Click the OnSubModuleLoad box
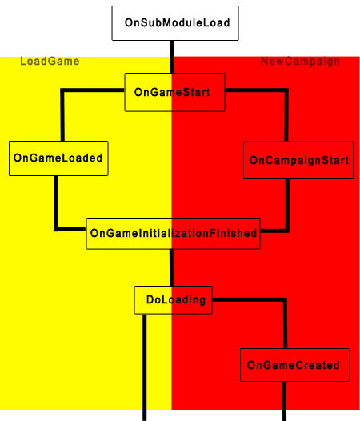click(x=175, y=23)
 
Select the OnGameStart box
click(x=174, y=92)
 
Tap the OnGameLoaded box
click(x=58, y=158)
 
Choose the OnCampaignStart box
click(x=298, y=160)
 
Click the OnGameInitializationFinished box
click(x=173, y=234)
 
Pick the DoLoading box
click(x=173, y=300)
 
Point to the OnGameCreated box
click(x=295, y=365)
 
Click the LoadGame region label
click(x=50, y=62)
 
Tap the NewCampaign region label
click(x=301, y=62)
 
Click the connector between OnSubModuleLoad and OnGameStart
click(x=172, y=57)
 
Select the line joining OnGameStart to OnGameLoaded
click(x=62, y=90)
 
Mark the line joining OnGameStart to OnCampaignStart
click(x=286, y=90)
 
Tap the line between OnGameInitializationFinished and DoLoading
click(x=171, y=267)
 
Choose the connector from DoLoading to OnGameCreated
click(x=285, y=300)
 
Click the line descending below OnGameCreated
click(x=284, y=401)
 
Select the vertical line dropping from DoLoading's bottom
click(x=145, y=367)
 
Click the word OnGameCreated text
click(x=294, y=365)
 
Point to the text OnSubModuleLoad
click(x=177, y=23)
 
